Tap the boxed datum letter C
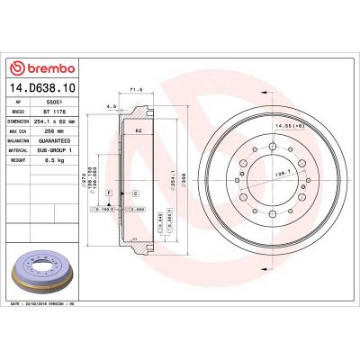[x=134, y=193]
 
